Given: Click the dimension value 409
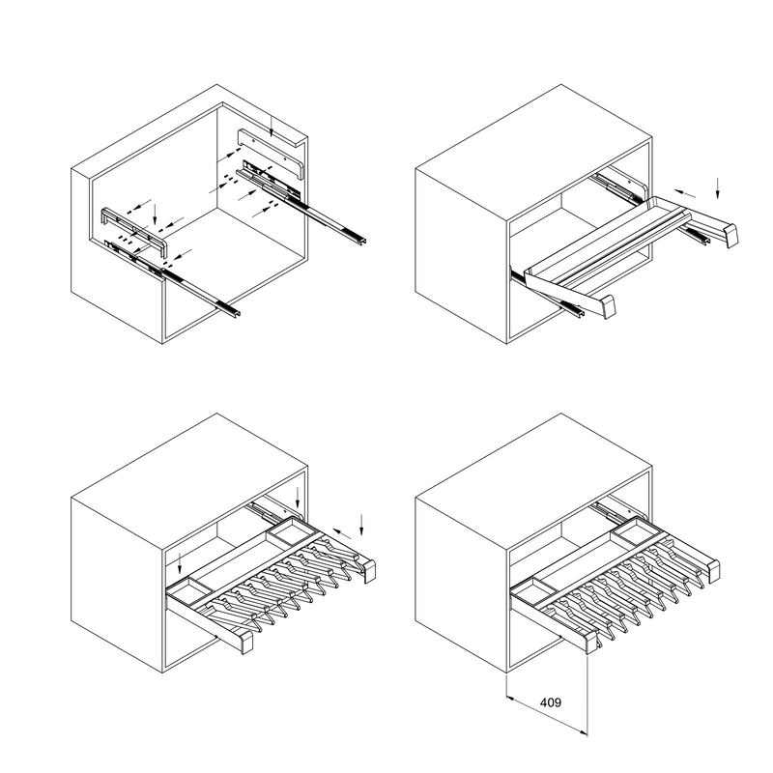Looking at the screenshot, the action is (x=551, y=702).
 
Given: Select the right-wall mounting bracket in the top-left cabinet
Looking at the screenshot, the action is (x=272, y=153).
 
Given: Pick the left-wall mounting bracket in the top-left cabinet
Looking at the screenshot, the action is (x=134, y=228).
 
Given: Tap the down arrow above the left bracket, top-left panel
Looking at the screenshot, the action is (x=155, y=214).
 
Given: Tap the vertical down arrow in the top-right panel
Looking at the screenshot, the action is (x=717, y=188).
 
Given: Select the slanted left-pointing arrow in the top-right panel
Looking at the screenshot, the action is (x=685, y=193).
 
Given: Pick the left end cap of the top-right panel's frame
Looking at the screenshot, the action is (x=607, y=306).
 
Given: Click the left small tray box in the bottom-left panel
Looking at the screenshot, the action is (x=190, y=591).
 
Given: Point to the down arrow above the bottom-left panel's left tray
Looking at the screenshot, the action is (x=180, y=563).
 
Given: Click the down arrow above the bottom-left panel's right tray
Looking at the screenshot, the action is (x=298, y=498).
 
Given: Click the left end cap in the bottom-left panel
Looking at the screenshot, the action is (x=244, y=642).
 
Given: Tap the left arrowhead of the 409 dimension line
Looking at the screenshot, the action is (x=511, y=698).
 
